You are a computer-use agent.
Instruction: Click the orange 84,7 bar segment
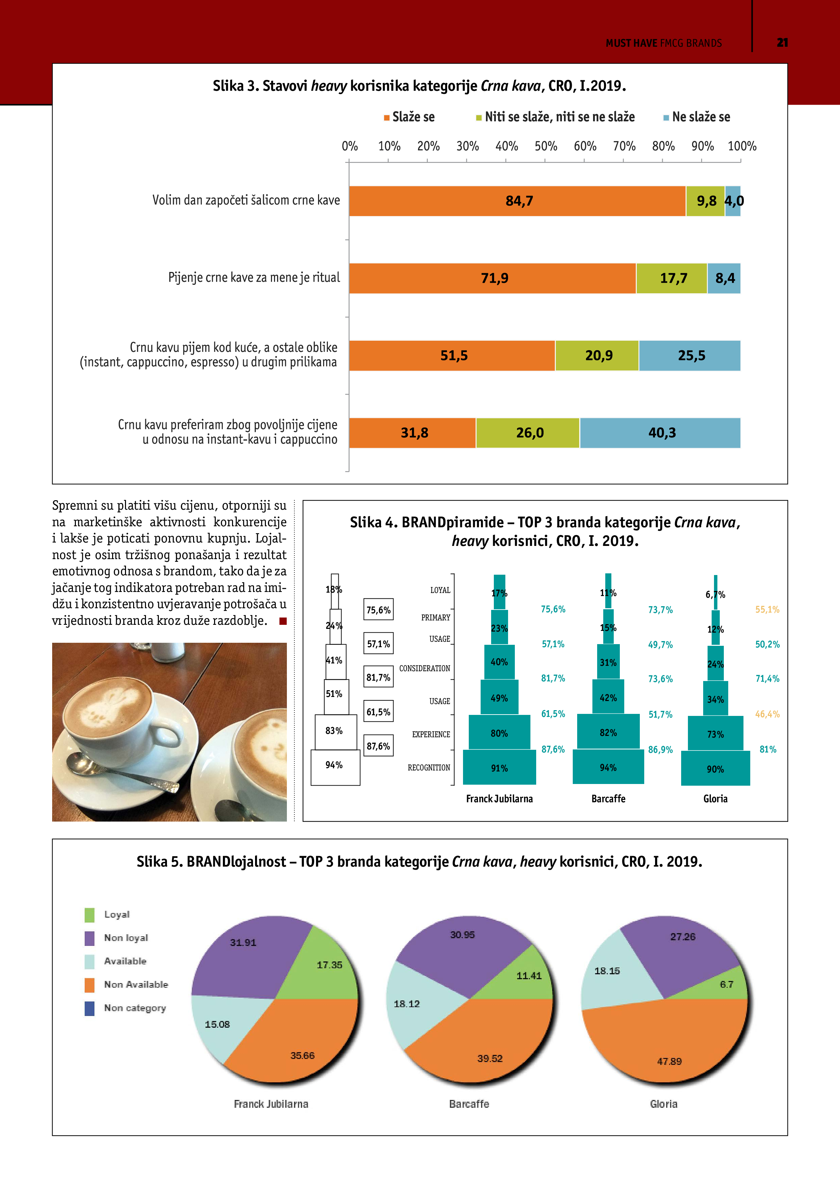click(518, 201)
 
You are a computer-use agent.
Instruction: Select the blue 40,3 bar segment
click(660, 432)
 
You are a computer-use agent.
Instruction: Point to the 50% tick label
click(546, 146)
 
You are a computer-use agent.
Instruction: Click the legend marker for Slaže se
click(386, 118)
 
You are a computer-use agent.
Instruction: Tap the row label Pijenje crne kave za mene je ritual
click(254, 278)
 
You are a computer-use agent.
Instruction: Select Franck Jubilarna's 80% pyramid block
click(499, 732)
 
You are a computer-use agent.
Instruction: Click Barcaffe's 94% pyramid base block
click(608, 767)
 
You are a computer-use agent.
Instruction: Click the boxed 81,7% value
click(378, 677)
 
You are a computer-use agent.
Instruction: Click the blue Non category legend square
click(89, 1008)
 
